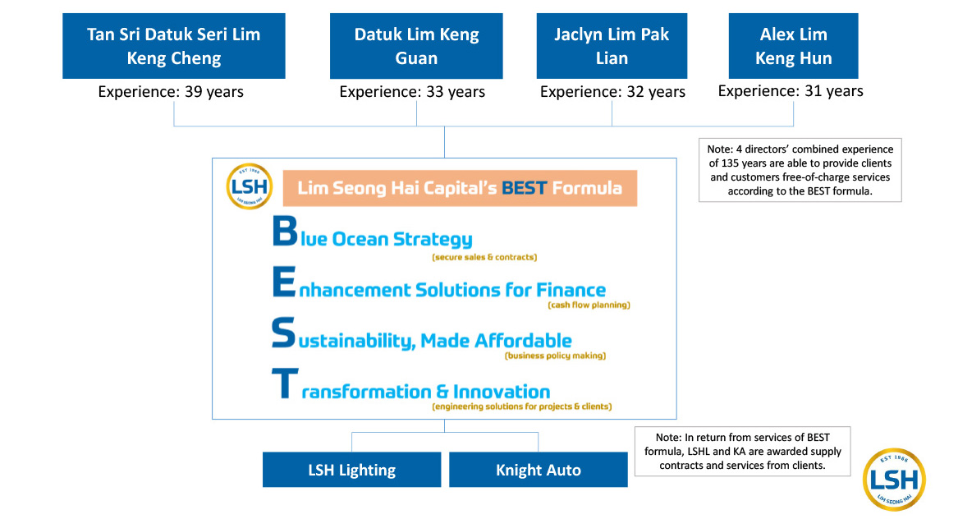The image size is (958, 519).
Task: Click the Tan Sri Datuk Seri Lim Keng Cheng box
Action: point(173,46)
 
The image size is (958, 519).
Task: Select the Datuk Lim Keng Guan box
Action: point(416,46)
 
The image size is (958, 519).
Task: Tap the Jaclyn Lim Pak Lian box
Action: point(612,46)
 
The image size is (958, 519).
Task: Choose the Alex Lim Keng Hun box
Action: point(793,46)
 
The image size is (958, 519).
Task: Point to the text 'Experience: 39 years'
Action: point(171,92)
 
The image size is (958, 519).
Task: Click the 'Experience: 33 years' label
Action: point(412,92)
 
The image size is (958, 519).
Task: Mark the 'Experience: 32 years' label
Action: point(612,92)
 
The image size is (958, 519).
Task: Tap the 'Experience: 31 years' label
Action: point(791,91)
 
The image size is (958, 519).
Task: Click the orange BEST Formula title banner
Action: point(460,188)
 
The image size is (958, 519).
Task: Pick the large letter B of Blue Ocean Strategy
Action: point(285,231)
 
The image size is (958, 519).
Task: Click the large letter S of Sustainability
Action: point(283,333)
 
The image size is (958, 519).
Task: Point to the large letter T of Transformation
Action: point(285,384)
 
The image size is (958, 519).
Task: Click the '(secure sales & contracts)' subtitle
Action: point(484,257)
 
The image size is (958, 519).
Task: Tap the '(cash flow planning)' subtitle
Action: point(589,305)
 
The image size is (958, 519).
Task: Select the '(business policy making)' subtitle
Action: point(556,356)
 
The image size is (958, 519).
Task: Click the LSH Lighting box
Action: point(352,470)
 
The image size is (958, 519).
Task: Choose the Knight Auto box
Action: point(539,470)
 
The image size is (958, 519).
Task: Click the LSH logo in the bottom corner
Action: point(894,480)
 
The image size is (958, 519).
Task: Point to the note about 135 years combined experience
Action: point(800,170)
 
